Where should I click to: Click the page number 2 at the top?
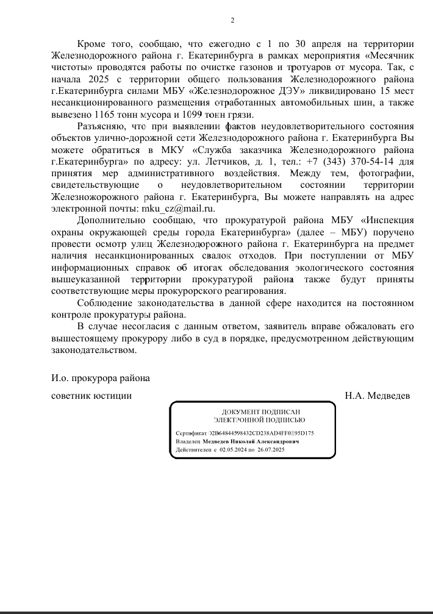(x=232, y=20)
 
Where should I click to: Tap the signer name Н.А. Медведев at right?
(x=378, y=396)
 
